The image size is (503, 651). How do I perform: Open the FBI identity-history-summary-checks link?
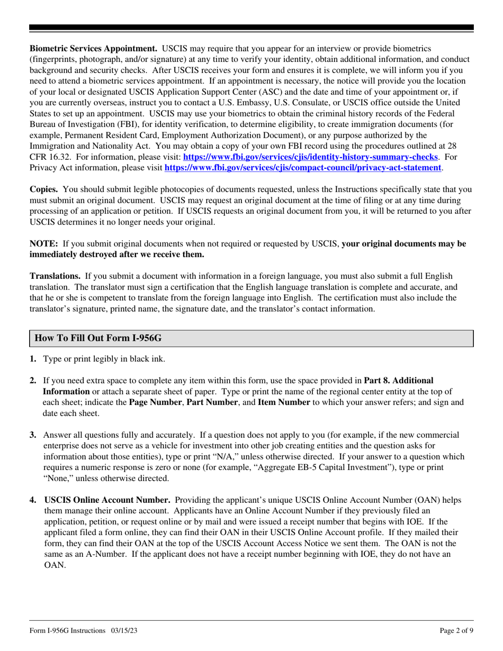(x=310, y=157)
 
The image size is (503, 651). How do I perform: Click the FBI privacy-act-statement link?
(x=303, y=168)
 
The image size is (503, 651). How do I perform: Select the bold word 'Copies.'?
(x=44, y=189)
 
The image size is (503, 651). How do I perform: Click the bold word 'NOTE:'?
(x=43, y=244)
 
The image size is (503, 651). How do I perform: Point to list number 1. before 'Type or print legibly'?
(x=33, y=359)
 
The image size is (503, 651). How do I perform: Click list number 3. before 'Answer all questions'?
(x=33, y=435)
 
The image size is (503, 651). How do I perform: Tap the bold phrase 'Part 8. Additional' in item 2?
(x=399, y=381)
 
